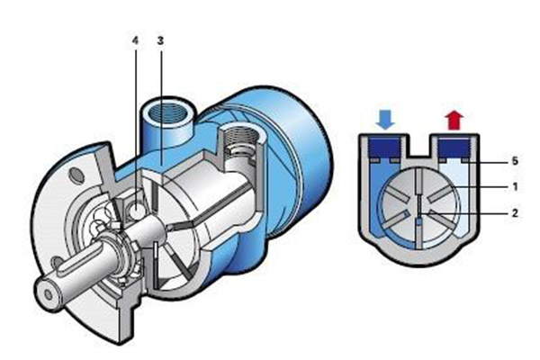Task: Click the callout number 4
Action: click(x=135, y=40)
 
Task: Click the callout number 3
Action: click(x=160, y=40)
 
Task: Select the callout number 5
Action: click(x=515, y=161)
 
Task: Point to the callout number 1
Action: click(x=515, y=187)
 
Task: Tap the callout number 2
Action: click(x=515, y=213)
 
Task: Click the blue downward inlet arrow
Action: click(x=385, y=120)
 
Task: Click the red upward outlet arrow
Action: click(x=454, y=120)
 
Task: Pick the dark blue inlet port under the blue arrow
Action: click(x=385, y=148)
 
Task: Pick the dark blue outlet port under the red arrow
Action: click(x=454, y=148)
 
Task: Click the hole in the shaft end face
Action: click(x=49, y=294)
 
